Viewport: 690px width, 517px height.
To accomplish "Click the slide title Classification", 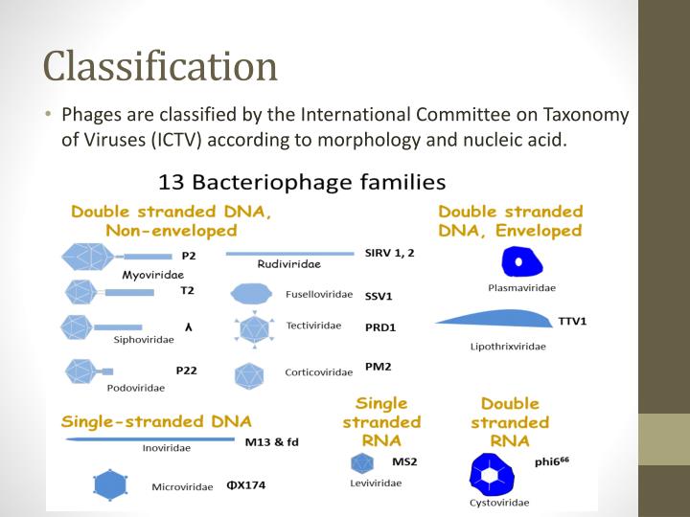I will coord(160,65).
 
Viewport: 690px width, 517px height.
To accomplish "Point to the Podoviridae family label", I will coord(135,388).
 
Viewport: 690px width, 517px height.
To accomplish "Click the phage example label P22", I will coord(187,370).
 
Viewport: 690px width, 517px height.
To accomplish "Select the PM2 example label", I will coord(378,367).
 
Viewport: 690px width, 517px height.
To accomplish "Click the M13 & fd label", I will coord(271,441).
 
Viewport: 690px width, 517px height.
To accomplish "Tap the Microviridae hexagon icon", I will coord(111,484).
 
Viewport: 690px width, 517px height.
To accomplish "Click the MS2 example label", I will coord(404,461).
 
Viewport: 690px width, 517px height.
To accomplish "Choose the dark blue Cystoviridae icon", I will coord(494,474).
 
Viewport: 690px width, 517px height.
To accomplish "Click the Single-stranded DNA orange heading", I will coord(156,421).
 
